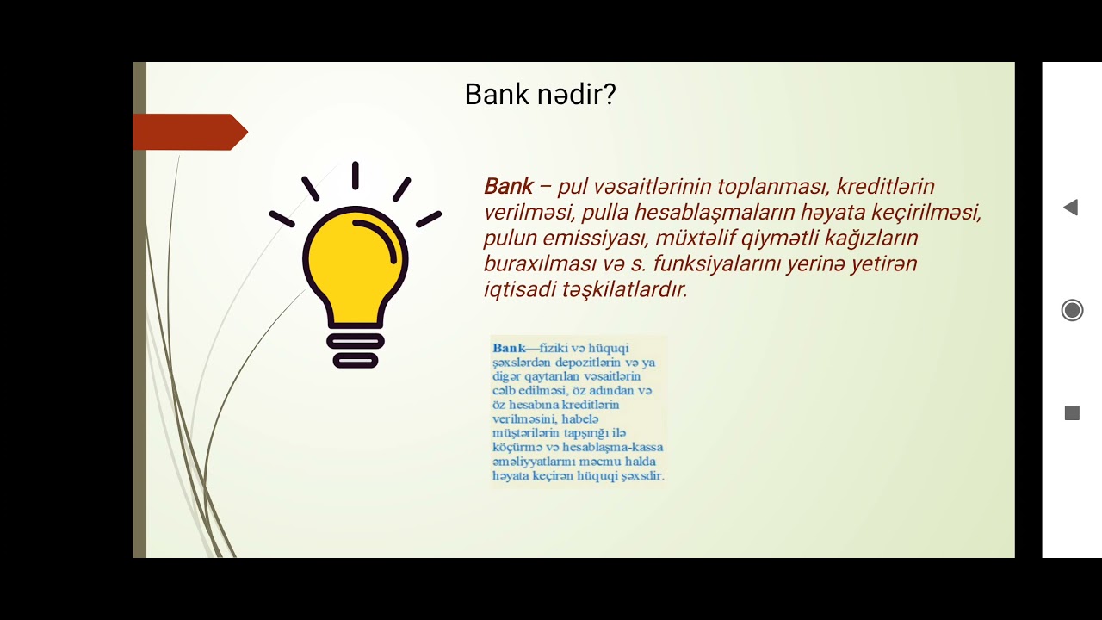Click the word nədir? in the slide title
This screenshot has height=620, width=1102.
click(x=577, y=94)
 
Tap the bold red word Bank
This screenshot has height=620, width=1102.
click(x=508, y=186)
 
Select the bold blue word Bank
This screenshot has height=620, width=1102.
click(x=509, y=348)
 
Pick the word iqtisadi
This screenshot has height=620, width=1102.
click(x=519, y=289)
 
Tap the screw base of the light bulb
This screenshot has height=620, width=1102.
click(x=354, y=350)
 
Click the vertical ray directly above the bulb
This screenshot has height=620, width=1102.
click(x=355, y=175)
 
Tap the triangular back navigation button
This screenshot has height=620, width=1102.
click(x=1070, y=208)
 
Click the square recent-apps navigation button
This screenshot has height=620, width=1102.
click(x=1072, y=413)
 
